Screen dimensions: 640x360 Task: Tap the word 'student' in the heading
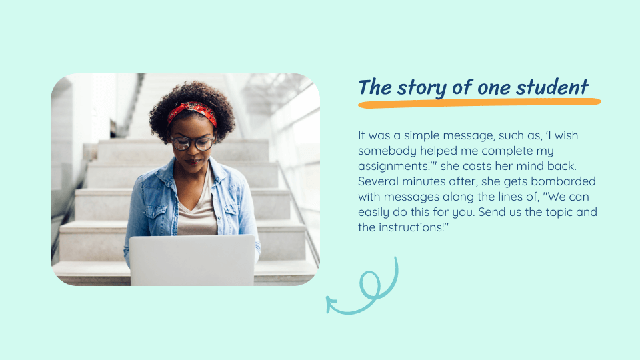[x=552, y=87]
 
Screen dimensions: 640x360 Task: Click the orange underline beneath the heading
[x=479, y=103]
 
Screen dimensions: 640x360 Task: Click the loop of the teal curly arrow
[x=369, y=283]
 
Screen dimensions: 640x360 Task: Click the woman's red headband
[x=192, y=111]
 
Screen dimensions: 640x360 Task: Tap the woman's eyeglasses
[x=193, y=143]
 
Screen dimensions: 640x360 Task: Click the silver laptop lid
[x=192, y=260]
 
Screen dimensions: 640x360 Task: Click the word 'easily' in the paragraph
[x=373, y=213]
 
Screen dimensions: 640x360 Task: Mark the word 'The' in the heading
[x=375, y=87]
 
